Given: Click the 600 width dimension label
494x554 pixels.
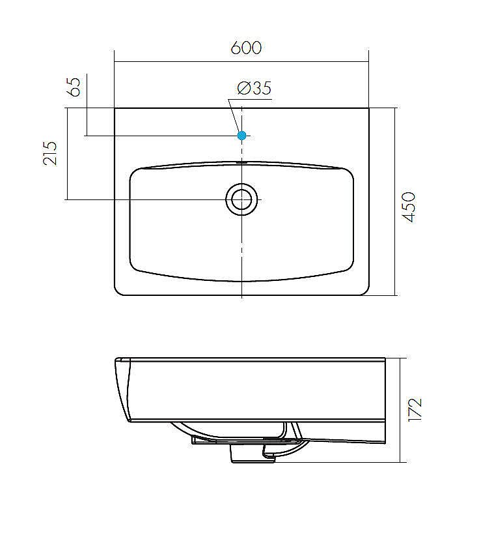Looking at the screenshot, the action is click(x=246, y=48).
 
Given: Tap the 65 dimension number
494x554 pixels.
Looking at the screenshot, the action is click(x=74, y=87).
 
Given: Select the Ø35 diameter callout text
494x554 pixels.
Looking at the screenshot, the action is click(x=254, y=88).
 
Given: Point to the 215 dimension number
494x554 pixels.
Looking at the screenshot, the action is click(x=49, y=153).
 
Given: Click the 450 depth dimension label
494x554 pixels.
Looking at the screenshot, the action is click(x=409, y=207).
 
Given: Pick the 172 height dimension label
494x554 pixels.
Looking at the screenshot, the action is click(x=415, y=409).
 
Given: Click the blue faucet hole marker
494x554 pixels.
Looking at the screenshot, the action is click(x=241, y=136).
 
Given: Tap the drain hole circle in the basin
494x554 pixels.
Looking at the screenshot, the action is click(x=241, y=199).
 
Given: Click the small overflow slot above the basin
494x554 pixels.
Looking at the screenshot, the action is click(x=241, y=162).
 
